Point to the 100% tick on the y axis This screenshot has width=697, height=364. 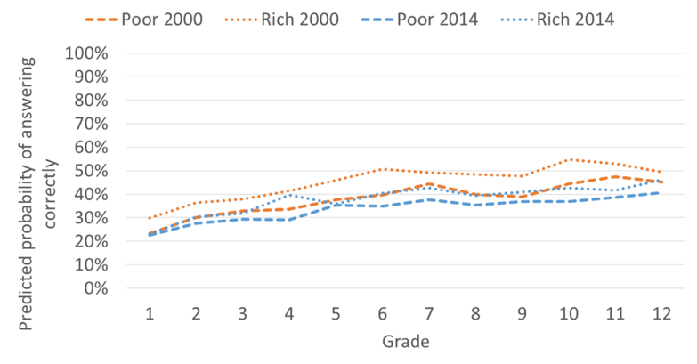87,53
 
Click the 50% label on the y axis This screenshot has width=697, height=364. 91,170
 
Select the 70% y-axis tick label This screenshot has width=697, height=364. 91,123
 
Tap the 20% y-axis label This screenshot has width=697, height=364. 91,241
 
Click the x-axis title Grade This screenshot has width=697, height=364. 405,341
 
